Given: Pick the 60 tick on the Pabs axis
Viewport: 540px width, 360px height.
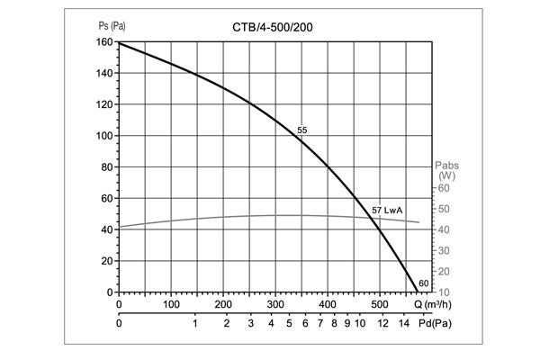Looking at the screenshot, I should [x=443, y=188].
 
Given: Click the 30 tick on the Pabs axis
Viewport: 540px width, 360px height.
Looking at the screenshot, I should [x=443, y=250].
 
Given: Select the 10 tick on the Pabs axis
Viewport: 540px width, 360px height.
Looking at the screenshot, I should [x=443, y=292].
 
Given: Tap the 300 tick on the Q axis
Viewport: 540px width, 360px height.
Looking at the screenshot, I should [x=275, y=304].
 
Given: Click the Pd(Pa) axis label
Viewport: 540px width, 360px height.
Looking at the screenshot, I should [x=435, y=322].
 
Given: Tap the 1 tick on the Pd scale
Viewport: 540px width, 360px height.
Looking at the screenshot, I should [x=195, y=322].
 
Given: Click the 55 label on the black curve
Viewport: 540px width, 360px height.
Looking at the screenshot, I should [x=302, y=131].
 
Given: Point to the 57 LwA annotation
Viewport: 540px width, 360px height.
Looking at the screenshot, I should [x=387, y=211].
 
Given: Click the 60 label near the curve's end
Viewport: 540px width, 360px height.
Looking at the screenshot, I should [x=425, y=284].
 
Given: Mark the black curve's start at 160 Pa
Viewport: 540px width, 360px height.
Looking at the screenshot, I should [x=120, y=43].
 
